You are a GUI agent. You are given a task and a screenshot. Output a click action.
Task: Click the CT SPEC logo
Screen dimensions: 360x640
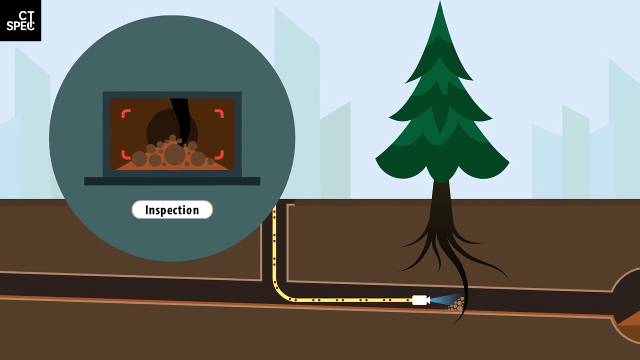point(20,20)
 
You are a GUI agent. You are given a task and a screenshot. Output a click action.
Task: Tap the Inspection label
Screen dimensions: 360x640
point(172,210)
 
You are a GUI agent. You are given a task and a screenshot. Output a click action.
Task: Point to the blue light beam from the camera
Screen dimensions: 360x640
point(442,300)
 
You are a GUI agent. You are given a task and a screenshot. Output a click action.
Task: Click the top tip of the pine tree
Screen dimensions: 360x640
point(440,4)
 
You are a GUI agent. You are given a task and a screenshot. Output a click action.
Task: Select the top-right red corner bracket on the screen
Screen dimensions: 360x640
point(219,114)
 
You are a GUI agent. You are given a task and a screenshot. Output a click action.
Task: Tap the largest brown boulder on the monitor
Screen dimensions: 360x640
point(174,154)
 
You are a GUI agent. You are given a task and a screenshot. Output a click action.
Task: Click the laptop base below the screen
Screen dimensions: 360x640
point(172,181)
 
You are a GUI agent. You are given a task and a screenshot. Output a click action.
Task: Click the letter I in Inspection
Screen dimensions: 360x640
point(147,210)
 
